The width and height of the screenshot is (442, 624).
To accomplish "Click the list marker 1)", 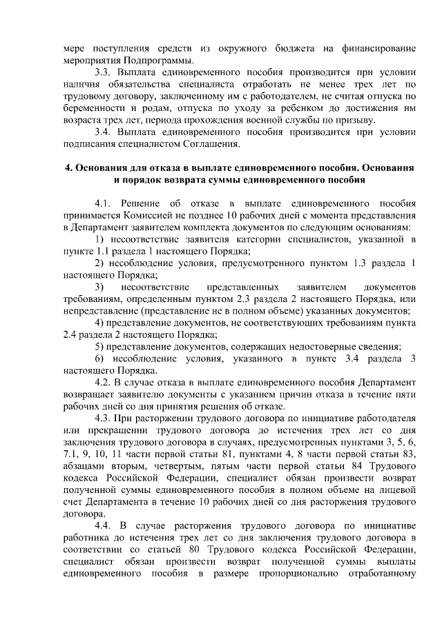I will tap(101, 239).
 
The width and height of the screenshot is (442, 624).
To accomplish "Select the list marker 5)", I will tap(101, 347).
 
